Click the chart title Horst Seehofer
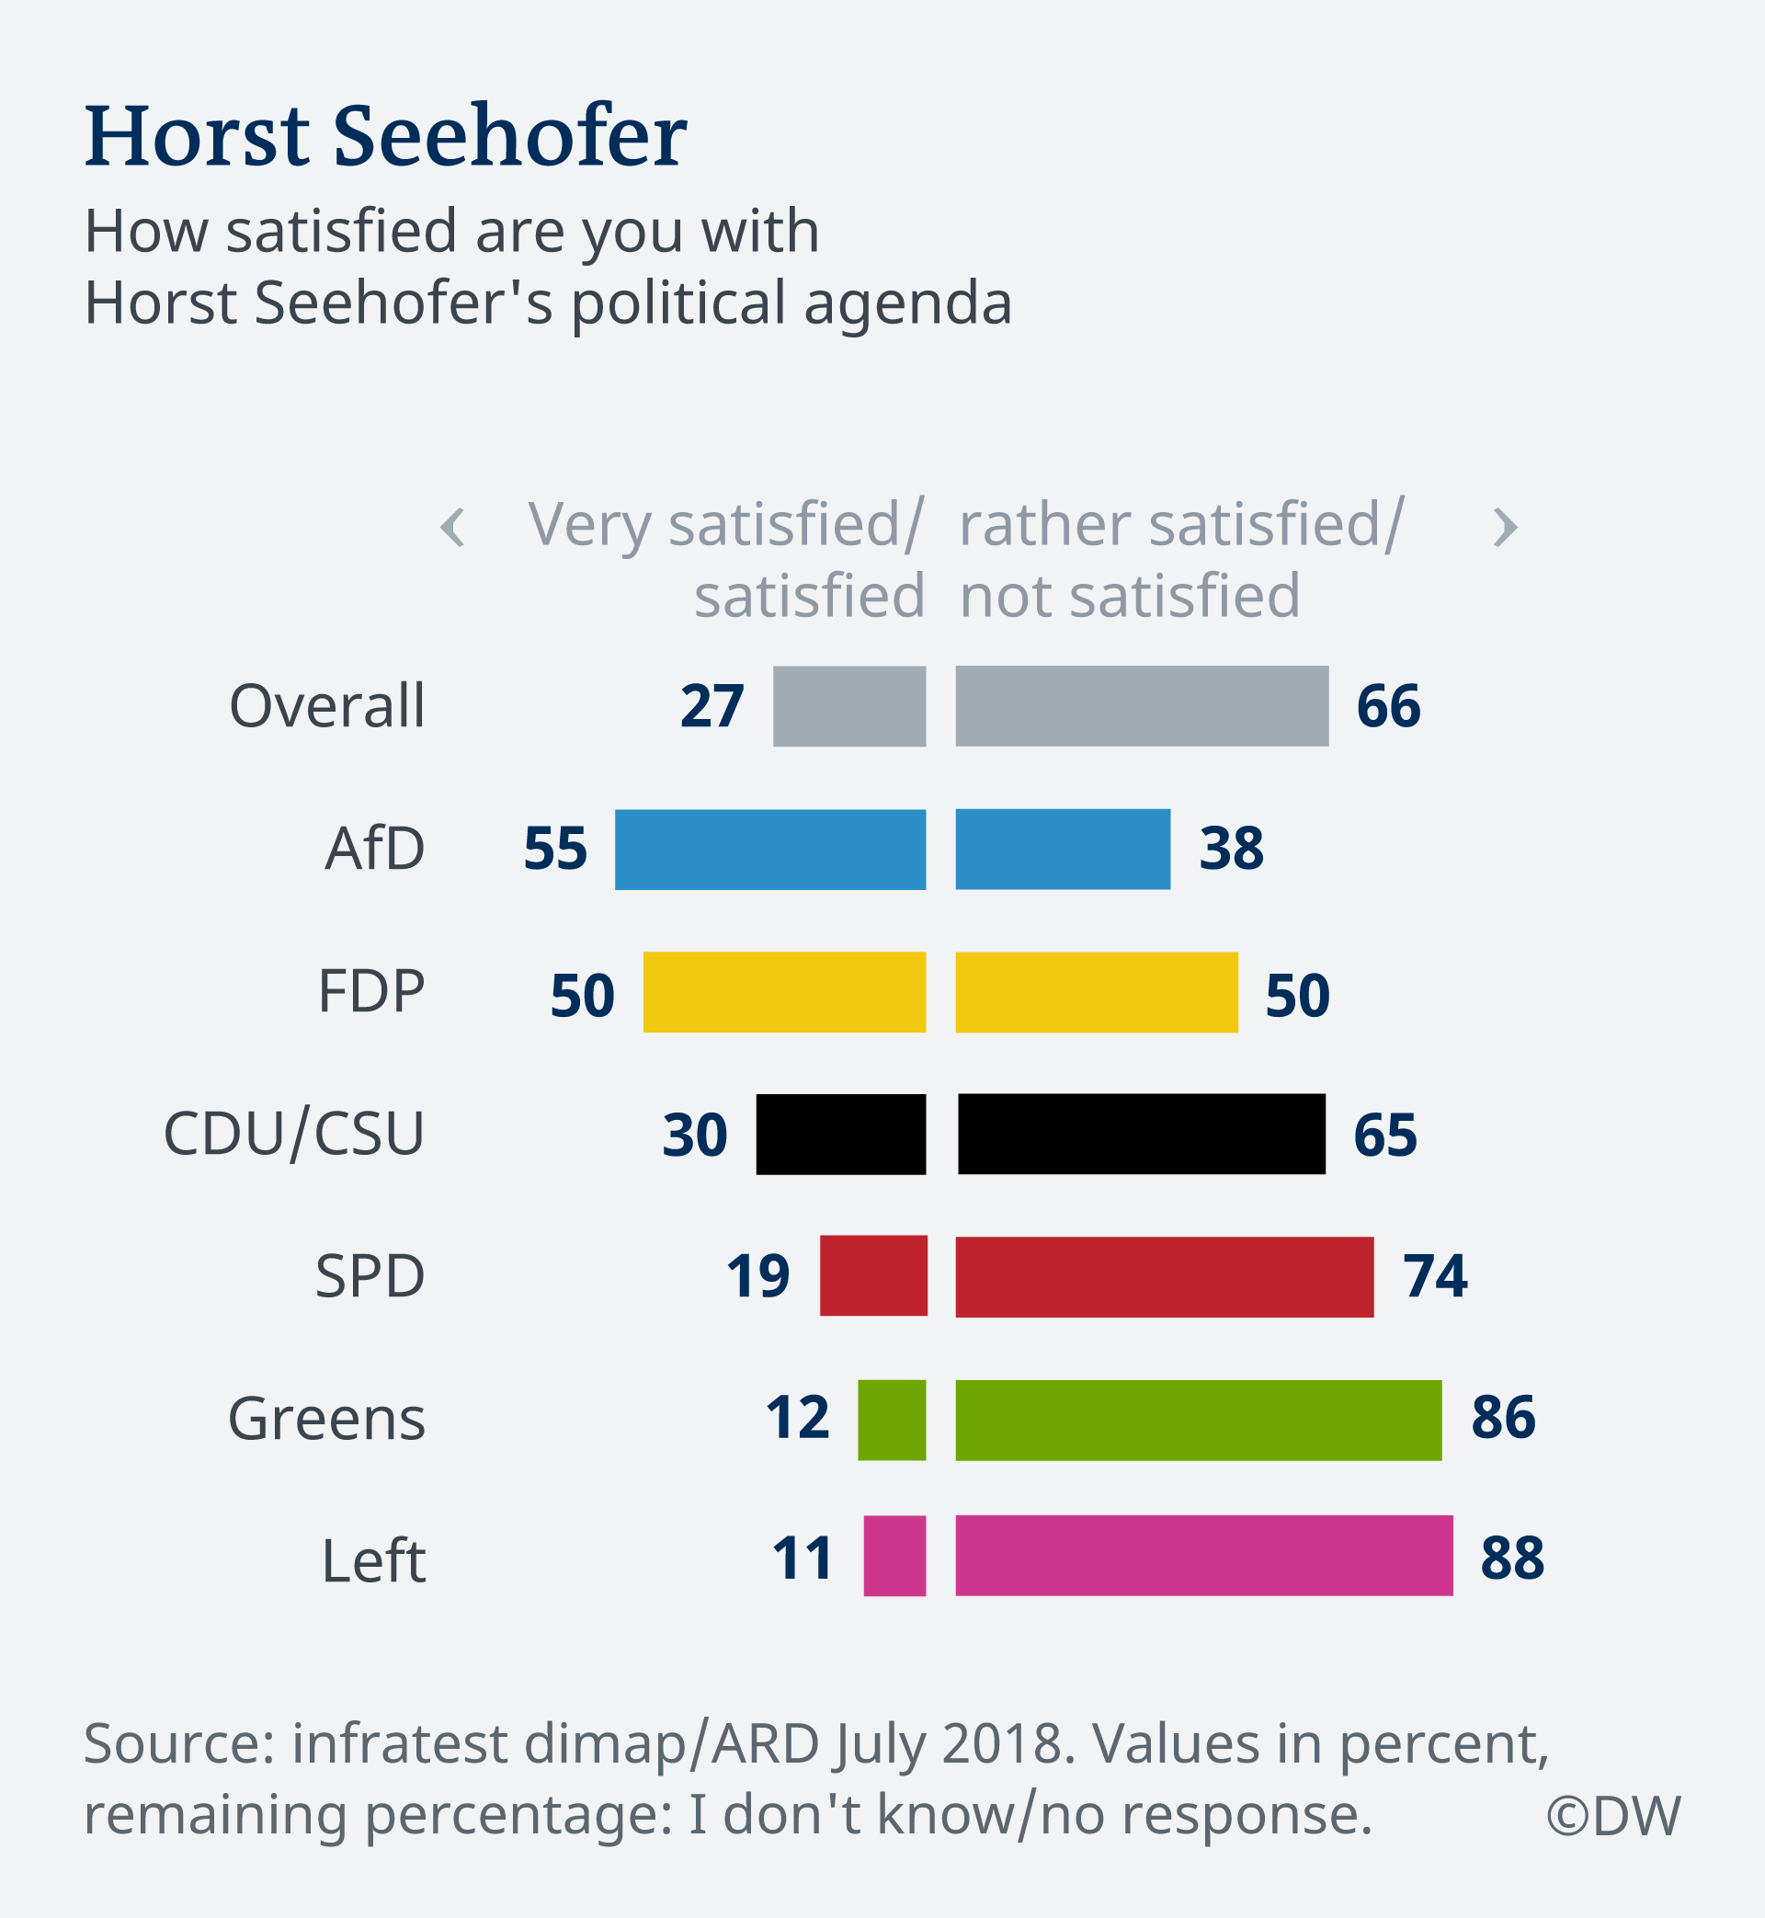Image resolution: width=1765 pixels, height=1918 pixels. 386,136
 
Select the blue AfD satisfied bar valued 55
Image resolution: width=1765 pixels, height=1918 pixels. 769,850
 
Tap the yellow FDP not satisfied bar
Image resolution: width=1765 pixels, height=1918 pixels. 1097,991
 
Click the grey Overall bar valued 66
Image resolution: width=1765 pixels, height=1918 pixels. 1142,706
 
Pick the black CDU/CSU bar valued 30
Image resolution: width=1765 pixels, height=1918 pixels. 840,1134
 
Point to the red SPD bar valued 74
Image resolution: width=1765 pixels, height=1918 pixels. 1164,1276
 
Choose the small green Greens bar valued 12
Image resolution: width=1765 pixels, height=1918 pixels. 891,1420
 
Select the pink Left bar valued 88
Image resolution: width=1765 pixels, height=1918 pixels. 1203,1555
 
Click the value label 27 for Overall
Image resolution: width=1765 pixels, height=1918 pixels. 712,707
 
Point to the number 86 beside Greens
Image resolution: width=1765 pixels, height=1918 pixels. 1502,1417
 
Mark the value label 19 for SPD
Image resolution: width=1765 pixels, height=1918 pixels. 757,1276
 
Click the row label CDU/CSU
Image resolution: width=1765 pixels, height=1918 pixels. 294,1134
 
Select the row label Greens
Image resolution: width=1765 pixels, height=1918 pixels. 326,1419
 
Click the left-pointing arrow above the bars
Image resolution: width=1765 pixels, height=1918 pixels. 452,527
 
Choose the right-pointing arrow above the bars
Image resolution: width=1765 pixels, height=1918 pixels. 1505,527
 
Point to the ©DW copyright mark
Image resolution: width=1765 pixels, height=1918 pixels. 1613,1816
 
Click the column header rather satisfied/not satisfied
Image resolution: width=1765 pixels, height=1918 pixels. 1179,560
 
